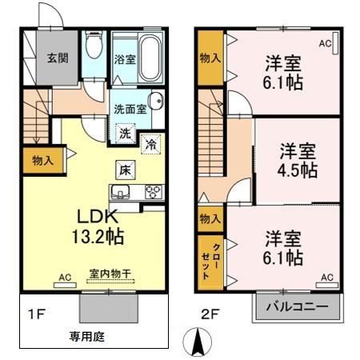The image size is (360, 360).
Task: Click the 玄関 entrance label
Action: click(55, 58)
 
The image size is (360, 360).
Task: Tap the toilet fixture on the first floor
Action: click(94, 47)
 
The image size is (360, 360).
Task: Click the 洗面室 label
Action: click(127, 110)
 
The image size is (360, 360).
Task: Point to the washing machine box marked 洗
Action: click(126, 134)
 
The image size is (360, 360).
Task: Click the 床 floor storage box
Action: click(126, 169)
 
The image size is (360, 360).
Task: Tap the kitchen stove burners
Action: click(151, 191)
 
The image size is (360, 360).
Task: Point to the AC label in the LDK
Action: click(66, 277)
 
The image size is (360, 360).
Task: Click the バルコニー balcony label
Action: click(294, 306)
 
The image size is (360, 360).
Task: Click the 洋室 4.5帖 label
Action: click(297, 160)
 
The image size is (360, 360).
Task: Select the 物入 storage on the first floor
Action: click(42, 161)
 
